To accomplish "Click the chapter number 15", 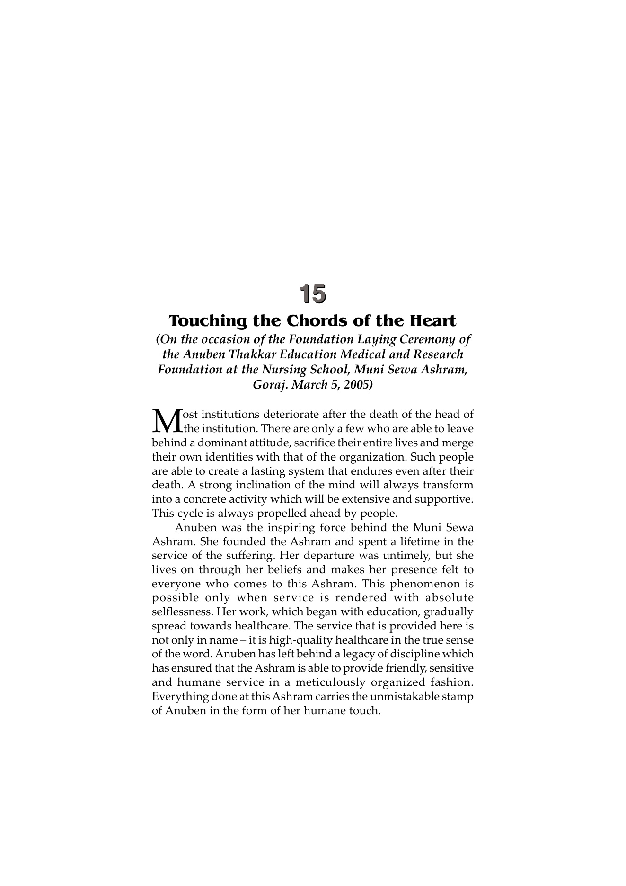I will pyautogui.click(x=312, y=293).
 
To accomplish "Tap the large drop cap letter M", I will pyautogui.click(x=167, y=421).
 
